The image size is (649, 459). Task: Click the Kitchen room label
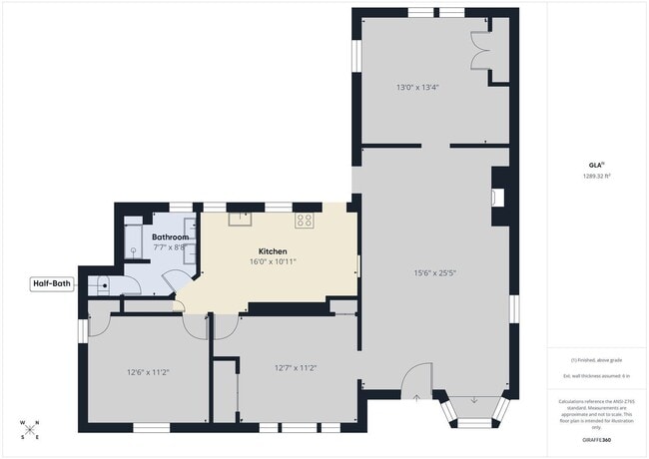pyautogui.click(x=273, y=250)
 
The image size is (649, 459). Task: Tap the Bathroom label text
pyautogui.click(x=170, y=236)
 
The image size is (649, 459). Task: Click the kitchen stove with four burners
pyautogui.click(x=304, y=220)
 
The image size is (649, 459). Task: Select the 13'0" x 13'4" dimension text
pyautogui.click(x=417, y=88)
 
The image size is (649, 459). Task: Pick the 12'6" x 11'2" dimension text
pyautogui.click(x=148, y=372)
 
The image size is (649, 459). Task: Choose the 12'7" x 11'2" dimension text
pyautogui.click(x=296, y=367)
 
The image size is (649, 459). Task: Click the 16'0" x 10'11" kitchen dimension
pyautogui.click(x=273, y=262)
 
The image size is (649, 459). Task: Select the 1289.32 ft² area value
pyautogui.click(x=597, y=176)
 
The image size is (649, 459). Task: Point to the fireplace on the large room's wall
pyautogui.click(x=499, y=195)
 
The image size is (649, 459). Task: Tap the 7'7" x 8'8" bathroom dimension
pyautogui.click(x=169, y=247)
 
